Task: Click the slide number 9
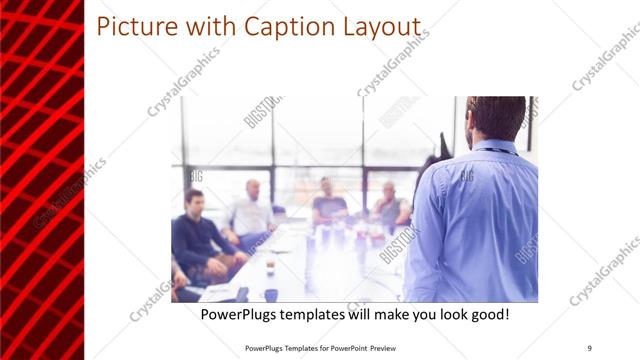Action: (x=589, y=346)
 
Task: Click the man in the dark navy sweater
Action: (x=196, y=235)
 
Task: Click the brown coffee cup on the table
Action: (x=270, y=264)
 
